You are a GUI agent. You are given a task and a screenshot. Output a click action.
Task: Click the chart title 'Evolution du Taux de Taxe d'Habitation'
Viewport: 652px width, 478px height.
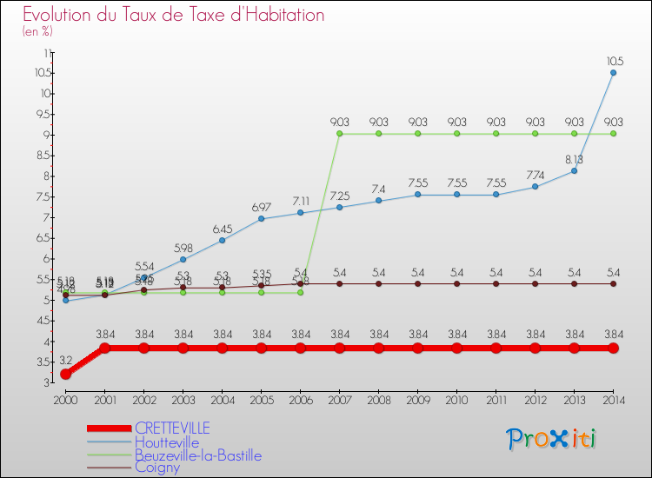[174, 16]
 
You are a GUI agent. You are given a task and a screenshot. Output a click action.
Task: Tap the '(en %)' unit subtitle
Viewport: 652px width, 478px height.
[37, 32]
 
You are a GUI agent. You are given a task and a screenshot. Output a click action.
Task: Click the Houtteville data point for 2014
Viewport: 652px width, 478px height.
[613, 73]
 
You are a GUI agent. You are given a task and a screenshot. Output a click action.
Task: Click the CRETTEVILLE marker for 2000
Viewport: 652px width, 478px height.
[65, 374]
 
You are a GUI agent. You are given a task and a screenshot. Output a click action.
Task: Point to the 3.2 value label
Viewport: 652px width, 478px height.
[65, 360]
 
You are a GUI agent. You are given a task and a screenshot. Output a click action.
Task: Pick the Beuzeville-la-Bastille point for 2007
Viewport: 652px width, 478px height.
[339, 134]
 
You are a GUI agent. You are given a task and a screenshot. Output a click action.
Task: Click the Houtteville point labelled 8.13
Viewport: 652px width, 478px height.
[574, 171]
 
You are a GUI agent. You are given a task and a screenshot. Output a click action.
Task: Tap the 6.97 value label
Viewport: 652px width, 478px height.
[261, 208]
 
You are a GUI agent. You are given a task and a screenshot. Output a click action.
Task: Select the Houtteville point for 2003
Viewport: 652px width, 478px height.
[183, 259]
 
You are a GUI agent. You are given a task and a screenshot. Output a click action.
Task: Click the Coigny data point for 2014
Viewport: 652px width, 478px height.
[613, 283]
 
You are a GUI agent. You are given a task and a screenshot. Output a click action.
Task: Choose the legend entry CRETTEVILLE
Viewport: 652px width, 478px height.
[173, 428]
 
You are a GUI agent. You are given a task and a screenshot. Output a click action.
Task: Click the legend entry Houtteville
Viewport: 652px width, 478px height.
[167, 442]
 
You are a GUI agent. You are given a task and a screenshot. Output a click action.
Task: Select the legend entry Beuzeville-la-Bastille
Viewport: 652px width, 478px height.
[197, 455]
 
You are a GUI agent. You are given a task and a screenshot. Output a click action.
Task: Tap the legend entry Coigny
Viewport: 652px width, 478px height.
[157, 468]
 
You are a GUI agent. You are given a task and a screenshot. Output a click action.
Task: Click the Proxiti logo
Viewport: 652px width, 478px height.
[553, 439]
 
